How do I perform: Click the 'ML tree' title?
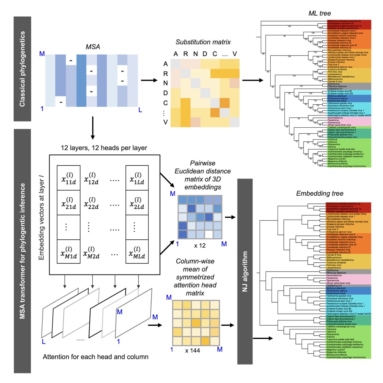pos(319,13)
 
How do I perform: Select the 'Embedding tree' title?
pos(319,193)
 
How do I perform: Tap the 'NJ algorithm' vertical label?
pos(245,271)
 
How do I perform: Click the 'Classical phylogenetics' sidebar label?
pos(22,69)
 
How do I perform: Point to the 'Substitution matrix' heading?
pos(203,42)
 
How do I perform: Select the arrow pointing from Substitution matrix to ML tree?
pos(252,80)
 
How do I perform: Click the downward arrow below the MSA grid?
pos(93,128)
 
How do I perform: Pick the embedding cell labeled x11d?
pos(69,178)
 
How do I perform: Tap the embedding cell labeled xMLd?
pos(137,252)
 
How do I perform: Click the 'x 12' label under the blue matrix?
pos(200,245)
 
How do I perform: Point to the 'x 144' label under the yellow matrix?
pos(192,350)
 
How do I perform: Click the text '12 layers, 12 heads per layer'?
pos(104,148)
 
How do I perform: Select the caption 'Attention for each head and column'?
pos(95,357)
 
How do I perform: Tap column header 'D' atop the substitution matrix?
pos(205,54)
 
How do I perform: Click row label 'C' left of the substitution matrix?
pos(165,103)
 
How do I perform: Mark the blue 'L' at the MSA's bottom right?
pos(140,110)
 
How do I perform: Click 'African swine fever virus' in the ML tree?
pos(339,125)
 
